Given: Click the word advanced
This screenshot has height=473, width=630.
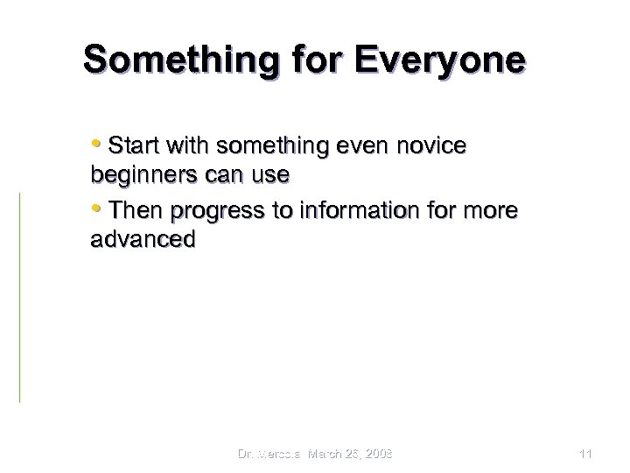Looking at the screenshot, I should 143,240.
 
